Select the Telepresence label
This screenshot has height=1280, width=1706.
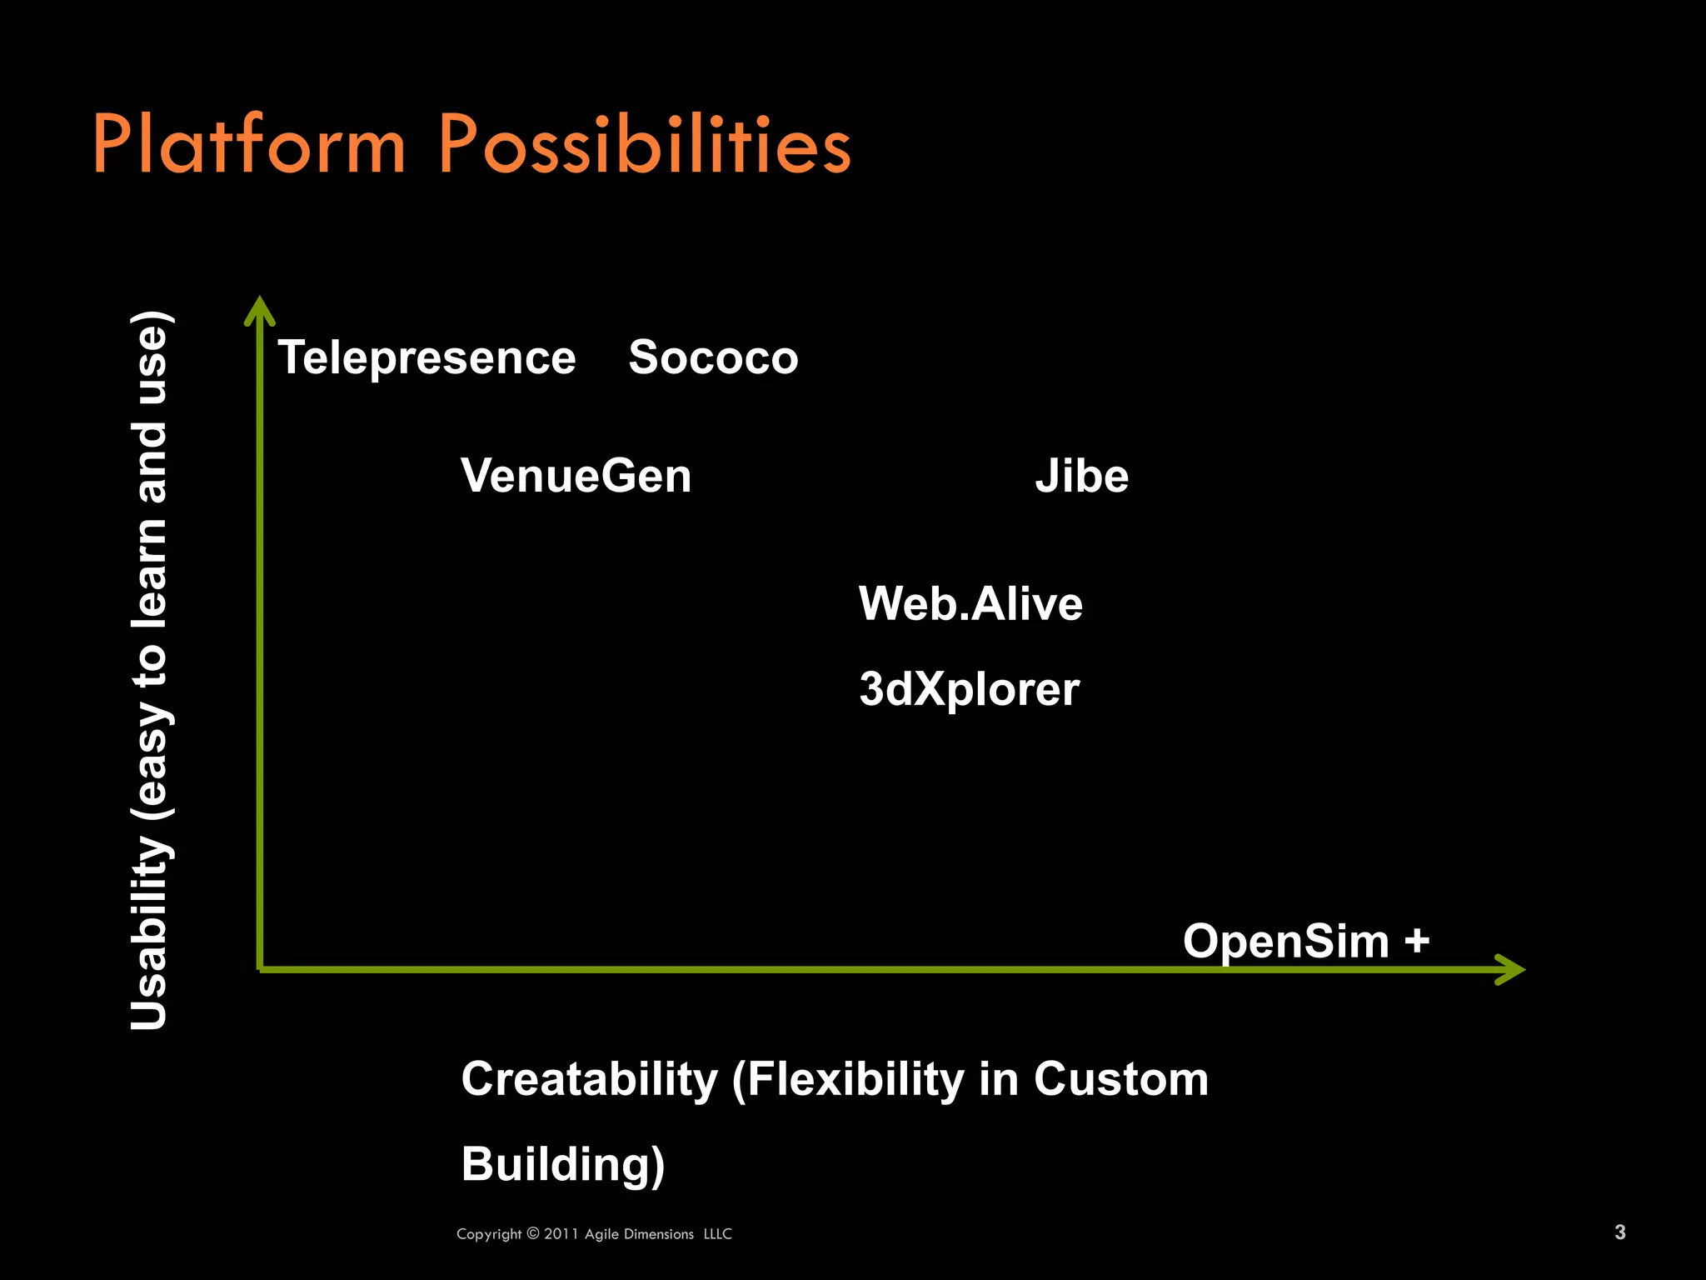pos(426,357)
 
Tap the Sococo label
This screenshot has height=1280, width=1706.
pos(713,357)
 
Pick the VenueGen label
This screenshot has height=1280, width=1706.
pos(576,476)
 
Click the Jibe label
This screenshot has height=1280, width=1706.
pos(1081,476)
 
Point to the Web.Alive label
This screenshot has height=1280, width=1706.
pos(970,603)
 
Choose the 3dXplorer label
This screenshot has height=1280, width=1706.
pos(970,689)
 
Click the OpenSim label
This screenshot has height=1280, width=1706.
pos(1286,942)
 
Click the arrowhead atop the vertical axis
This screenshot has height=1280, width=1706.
pos(260,310)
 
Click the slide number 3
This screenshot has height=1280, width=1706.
pos(1619,1232)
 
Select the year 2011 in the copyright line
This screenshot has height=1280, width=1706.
pos(561,1234)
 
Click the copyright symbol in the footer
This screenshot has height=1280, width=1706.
pos(533,1233)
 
